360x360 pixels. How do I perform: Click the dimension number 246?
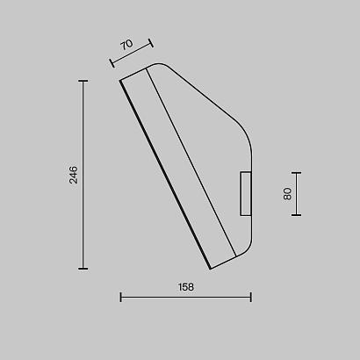[74, 175]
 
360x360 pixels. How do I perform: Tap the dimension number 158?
[186, 287]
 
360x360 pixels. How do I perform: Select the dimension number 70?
[126, 45]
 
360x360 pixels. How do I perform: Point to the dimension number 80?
[287, 194]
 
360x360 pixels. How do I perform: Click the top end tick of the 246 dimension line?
[83, 81]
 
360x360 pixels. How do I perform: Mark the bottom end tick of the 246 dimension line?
[83, 269]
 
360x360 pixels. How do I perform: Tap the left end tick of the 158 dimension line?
[121, 298]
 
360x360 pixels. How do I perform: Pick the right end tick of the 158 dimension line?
[251, 298]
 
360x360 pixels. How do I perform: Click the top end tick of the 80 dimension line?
[296, 173]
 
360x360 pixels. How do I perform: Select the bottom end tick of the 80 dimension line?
[296, 215]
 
